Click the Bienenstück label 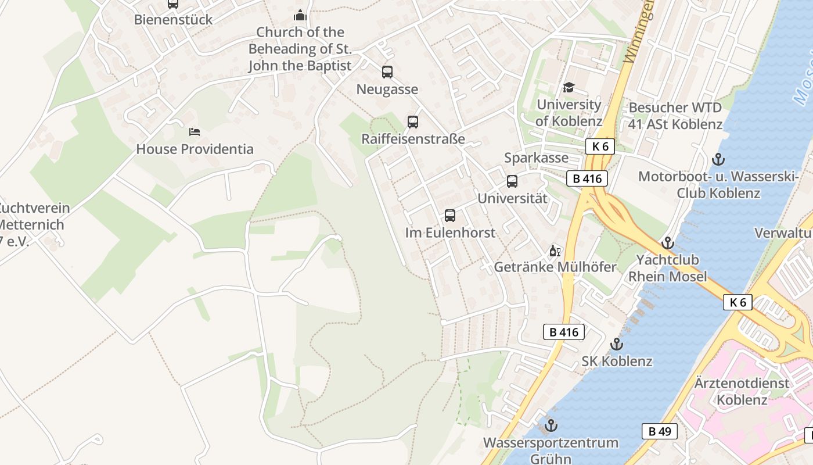pos(173,19)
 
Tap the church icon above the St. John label pos(300,15)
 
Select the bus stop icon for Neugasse pos(387,72)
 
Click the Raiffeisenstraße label pos(413,139)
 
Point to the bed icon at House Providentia pos(195,132)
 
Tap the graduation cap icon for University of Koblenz pos(569,88)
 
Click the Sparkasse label pos(536,158)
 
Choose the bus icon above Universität pos(512,181)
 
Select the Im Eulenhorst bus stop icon pos(450,216)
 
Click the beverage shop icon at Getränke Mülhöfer pos(555,251)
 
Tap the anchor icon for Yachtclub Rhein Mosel pos(668,243)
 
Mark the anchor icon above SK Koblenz pos(617,345)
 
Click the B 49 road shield pos(659,431)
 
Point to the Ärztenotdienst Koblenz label pos(742,391)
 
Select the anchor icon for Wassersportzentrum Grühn pos(551,425)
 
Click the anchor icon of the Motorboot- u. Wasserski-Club pos(718,159)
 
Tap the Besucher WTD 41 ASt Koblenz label pos(675,116)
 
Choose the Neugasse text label pos(387,90)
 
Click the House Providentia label pos(195,149)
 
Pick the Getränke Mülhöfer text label pos(555,267)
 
